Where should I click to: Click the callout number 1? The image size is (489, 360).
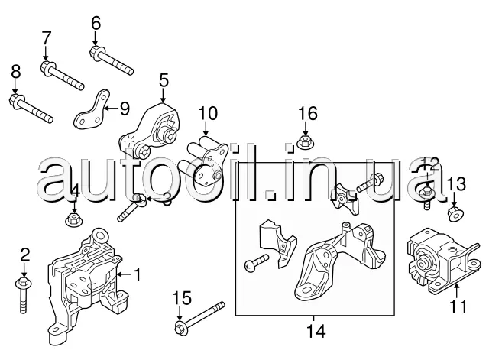coord(138,273)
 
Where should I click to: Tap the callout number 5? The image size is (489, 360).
coord(163,79)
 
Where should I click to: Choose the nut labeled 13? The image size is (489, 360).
coord(453,211)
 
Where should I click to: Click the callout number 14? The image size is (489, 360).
coord(316,332)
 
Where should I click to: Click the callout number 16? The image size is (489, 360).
coord(306,114)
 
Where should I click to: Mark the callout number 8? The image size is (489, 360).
coord(15,72)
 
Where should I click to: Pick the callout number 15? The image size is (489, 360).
coord(180,297)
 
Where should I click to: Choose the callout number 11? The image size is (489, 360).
coord(457,307)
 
